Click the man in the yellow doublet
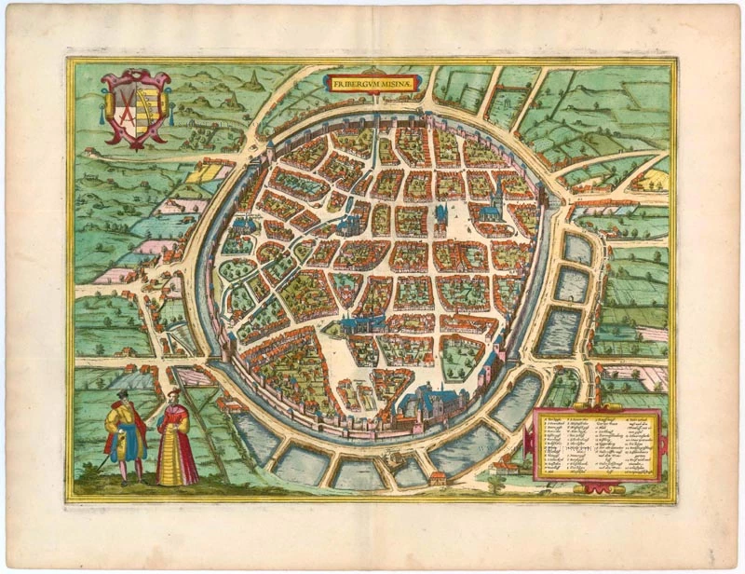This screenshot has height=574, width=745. pos(125,433)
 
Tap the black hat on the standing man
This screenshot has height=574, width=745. pos(122,396)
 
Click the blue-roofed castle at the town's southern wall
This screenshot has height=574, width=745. pos(424,402)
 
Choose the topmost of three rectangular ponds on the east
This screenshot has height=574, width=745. pos(577,249)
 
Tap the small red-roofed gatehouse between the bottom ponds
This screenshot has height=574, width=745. pos(435,478)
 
